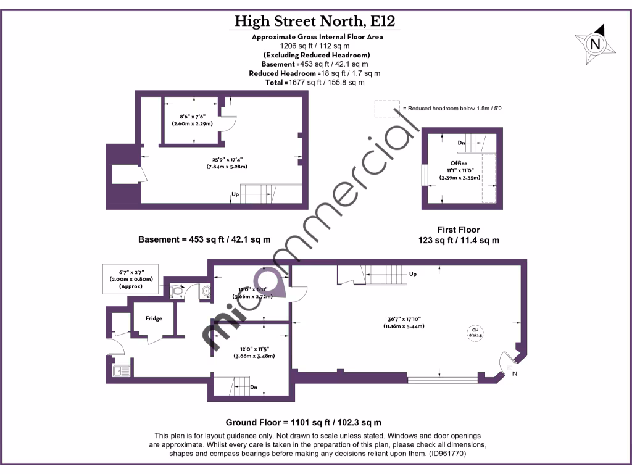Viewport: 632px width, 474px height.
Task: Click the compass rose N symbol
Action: (596, 44)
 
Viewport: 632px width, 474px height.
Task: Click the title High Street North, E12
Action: (317, 22)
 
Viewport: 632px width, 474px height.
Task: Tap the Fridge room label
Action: (154, 318)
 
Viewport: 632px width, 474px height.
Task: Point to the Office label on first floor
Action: (459, 164)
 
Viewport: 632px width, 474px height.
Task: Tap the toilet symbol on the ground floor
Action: (177, 289)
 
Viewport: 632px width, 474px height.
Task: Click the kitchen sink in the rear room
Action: (120, 370)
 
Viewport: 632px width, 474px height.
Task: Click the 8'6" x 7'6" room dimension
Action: (192, 119)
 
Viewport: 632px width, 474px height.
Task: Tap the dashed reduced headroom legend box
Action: (386, 109)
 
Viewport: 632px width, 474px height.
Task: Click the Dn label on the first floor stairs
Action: (461, 143)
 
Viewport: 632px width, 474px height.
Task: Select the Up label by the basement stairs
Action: (235, 194)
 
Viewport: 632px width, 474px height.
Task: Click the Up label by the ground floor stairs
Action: (412, 273)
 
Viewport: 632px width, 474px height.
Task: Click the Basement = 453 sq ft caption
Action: (204, 239)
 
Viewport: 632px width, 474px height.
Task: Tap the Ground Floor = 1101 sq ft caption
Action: (303, 422)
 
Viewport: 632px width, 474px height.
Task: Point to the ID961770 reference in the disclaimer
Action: (443, 453)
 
